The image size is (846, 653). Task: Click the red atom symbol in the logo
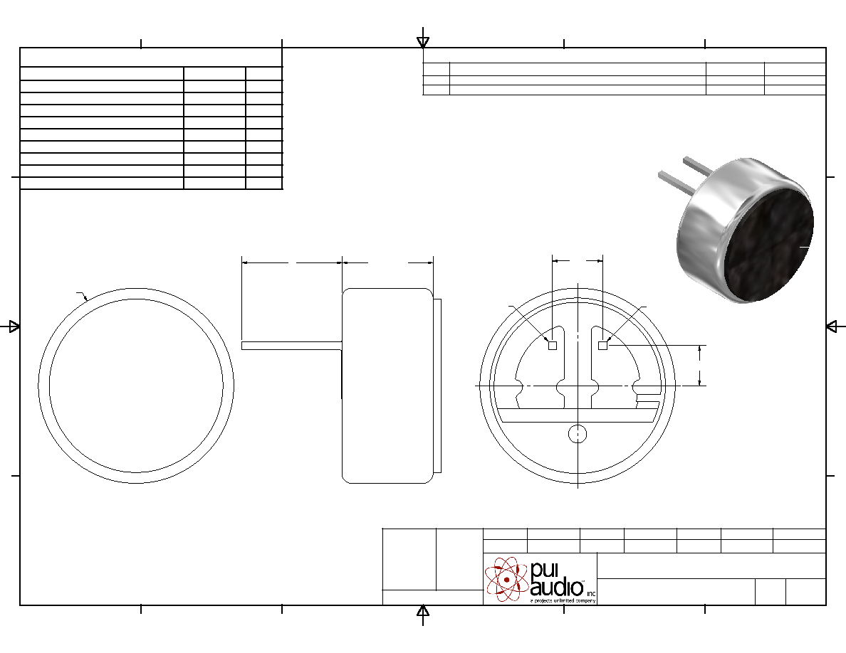[x=506, y=579]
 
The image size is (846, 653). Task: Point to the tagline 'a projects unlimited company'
[x=563, y=600]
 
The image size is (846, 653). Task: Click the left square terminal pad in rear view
[x=553, y=346]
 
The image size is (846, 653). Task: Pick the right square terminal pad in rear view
[x=602, y=346]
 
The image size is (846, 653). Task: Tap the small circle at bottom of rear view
[x=578, y=434]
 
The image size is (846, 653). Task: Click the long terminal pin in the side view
[x=292, y=346]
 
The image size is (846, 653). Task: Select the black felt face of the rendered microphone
[x=768, y=245]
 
